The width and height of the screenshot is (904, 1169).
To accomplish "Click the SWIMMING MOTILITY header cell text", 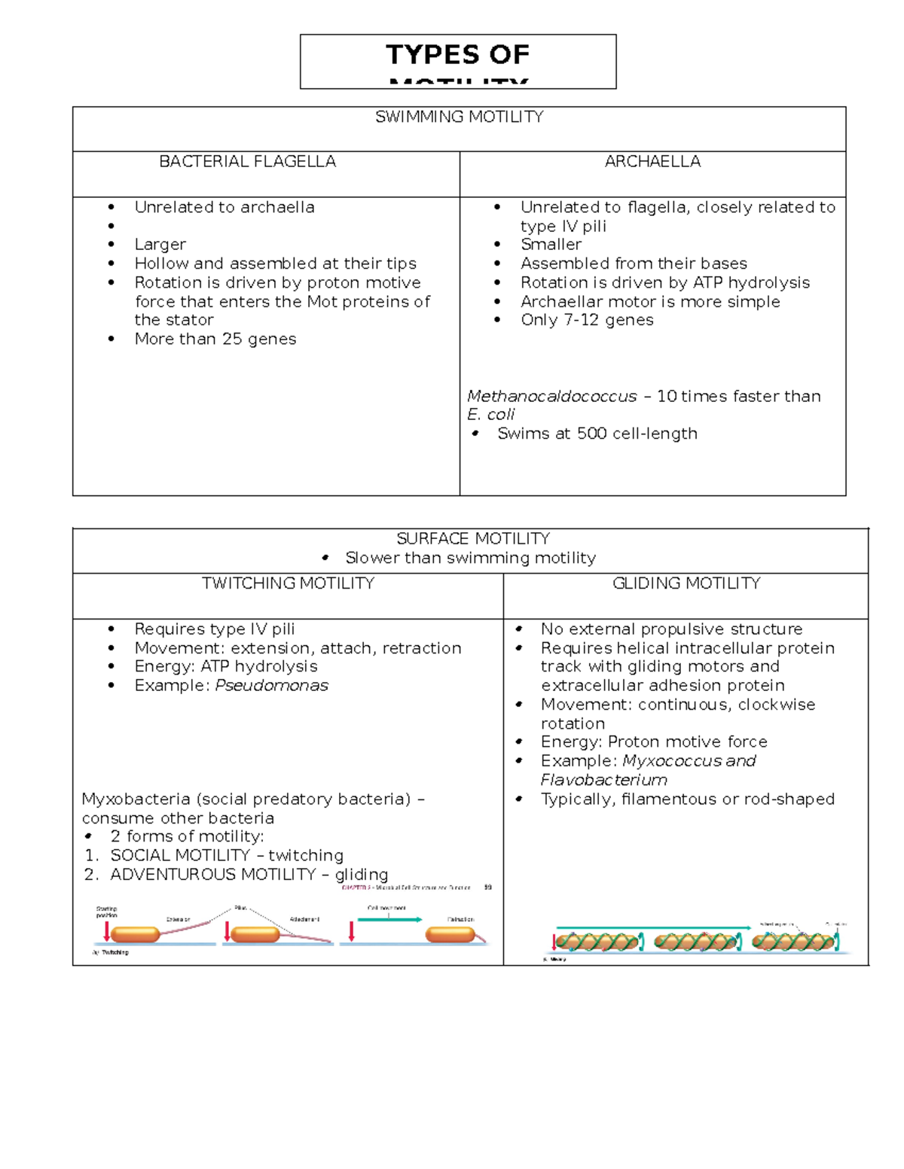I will tap(459, 117).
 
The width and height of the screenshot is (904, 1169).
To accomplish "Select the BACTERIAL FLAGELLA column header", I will tap(247, 161).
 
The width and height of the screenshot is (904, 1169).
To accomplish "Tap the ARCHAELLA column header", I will tap(652, 161).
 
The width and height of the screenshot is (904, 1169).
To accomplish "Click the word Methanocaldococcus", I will tap(551, 396).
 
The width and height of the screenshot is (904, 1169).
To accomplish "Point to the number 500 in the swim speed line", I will tap(592, 434).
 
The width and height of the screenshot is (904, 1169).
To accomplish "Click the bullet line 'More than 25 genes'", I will tap(215, 339).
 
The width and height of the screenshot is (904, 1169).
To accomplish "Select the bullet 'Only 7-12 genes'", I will tap(587, 320).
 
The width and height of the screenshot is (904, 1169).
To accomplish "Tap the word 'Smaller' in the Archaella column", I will tap(551, 244).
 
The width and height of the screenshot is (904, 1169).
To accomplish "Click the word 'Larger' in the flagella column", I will tap(160, 244).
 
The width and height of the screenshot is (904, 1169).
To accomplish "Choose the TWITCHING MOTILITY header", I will tap(288, 583).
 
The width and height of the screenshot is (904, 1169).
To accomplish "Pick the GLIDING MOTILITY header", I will tap(686, 583).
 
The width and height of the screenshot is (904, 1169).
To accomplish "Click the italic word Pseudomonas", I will tap(271, 685).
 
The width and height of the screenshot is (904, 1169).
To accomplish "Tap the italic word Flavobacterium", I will tap(603, 780).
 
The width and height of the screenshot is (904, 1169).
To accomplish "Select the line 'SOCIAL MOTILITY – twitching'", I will tap(226, 855).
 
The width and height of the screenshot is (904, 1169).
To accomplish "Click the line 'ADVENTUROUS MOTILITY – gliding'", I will tap(249, 874).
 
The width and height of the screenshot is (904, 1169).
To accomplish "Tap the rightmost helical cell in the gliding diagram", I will tap(793, 942).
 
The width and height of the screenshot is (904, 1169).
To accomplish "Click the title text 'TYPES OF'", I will tap(457, 54).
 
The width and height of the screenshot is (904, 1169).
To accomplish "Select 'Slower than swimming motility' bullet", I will tap(470, 558).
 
